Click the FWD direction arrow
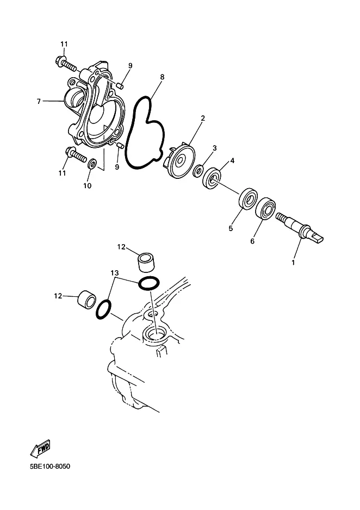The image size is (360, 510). coord(40,447)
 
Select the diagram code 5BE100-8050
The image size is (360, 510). coord(49,467)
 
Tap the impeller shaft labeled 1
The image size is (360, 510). coord(299,228)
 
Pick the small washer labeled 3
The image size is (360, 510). coord(198,171)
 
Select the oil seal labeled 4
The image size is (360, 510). coord(212,178)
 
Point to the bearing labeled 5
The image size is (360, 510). coord(249,198)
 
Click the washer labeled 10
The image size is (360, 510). coord(91,163)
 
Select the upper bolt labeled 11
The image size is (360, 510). coord(66,64)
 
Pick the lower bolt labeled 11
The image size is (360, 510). coord(77,155)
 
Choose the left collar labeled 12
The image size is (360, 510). coord(86,297)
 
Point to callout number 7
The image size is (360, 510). coord(39,102)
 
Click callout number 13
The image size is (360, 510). coord(115,272)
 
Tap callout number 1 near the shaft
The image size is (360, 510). coord(293,262)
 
